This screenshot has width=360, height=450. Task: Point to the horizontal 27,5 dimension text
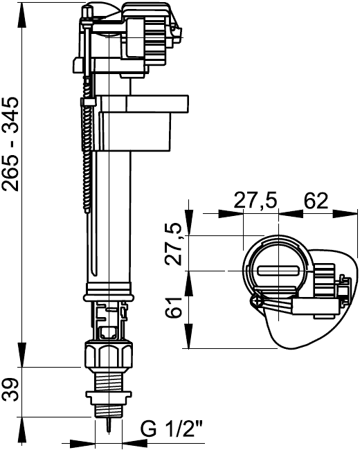click(x=255, y=201)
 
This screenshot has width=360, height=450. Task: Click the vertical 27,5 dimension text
click(x=173, y=244)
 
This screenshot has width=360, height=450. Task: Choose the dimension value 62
click(x=316, y=201)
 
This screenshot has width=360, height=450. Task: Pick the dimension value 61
click(x=173, y=307)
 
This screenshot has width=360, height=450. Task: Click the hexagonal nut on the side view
click(x=109, y=354)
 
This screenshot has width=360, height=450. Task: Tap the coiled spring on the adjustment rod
click(x=87, y=143)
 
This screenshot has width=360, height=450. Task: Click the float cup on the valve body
click(x=142, y=123)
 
